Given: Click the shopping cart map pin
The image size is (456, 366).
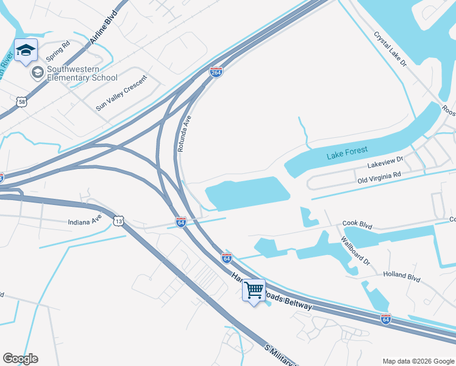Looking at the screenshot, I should [254, 290].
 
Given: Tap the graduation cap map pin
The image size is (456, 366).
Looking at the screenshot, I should [26, 51].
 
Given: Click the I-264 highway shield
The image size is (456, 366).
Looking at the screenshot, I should [216, 72].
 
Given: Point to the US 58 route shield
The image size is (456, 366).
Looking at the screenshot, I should [21, 102].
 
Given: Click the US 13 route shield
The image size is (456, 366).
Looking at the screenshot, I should [118, 220].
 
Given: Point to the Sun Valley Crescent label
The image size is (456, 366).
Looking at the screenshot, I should [122, 93].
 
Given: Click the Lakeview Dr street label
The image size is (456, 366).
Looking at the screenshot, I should [385, 162].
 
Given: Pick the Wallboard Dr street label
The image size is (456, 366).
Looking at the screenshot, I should [355, 251].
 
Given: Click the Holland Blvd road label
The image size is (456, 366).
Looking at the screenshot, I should [402, 277].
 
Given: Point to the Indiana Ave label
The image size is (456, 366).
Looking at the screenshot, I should [84, 220].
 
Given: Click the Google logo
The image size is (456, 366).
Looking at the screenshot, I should [20, 359].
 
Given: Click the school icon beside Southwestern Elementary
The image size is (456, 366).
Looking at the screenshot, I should [38, 73].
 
